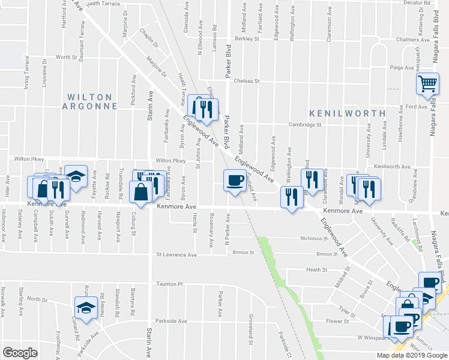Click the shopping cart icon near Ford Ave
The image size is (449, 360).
(x=427, y=85)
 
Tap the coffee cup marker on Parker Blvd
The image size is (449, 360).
(x=234, y=179)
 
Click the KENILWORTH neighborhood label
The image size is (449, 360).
(x=348, y=113)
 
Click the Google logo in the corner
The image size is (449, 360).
(x=20, y=353)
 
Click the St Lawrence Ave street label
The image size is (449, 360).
(x=176, y=255)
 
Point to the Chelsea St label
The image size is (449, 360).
(x=246, y=81)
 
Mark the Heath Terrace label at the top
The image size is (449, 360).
(x=103, y=4)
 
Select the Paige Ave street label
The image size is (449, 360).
(x=399, y=68)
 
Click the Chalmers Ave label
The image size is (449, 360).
(x=411, y=40)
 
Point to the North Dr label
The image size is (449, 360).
(x=37, y=299)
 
